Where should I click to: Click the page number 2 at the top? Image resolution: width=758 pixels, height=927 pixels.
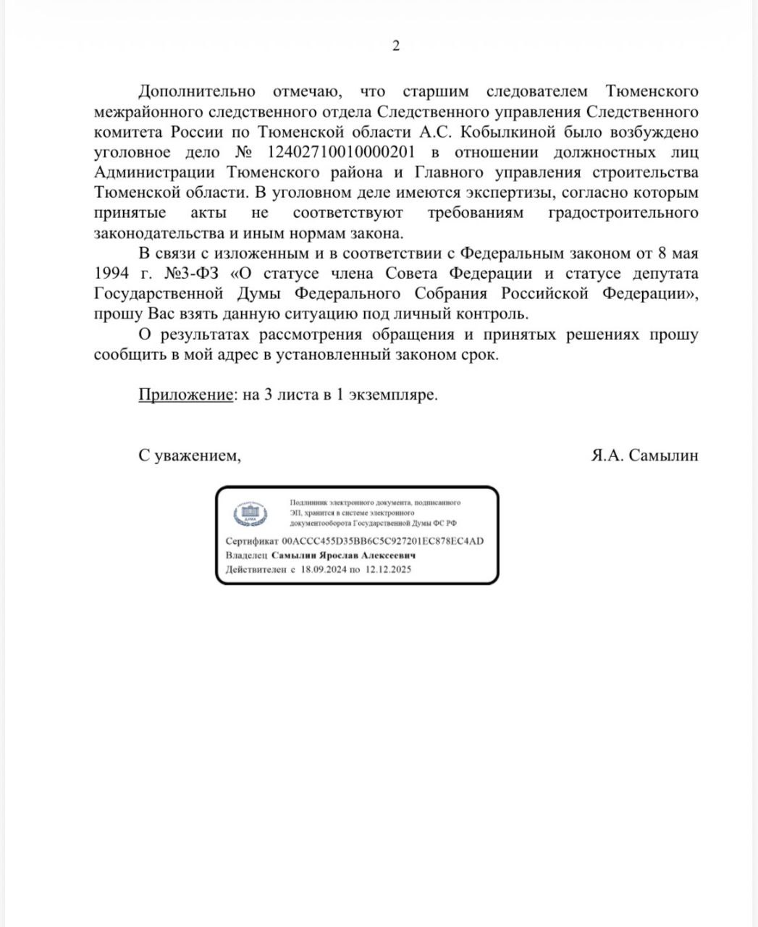[x=395, y=46]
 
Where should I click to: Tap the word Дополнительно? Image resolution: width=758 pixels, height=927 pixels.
[x=197, y=91]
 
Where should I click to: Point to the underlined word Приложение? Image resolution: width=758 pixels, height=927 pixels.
[x=185, y=395]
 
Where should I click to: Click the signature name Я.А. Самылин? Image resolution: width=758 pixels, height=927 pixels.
[x=644, y=456]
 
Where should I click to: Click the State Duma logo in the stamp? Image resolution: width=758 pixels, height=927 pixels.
[x=250, y=513]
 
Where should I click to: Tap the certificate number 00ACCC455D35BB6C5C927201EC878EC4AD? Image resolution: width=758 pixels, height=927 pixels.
[x=382, y=542]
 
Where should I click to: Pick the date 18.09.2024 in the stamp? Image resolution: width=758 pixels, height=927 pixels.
[x=322, y=570]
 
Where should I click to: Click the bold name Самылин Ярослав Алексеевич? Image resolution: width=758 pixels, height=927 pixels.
[x=343, y=556]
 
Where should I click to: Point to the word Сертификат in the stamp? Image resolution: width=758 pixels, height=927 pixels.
[x=251, y=542]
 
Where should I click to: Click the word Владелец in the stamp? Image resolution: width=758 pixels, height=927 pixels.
[x=246, y=556]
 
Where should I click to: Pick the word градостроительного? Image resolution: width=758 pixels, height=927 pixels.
[x=624, y=213]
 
